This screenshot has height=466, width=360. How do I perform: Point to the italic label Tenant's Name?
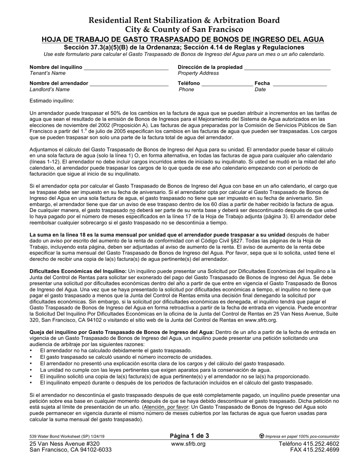(x=47, y=73)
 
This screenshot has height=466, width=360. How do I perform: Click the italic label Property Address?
(x=198, y=73)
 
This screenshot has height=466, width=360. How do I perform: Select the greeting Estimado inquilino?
(x=52, y=101)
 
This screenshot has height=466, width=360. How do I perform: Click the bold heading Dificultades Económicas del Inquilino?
(x=78, y=271)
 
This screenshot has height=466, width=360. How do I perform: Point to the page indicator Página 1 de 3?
(x=189, y=436)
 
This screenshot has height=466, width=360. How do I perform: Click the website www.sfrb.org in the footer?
(x=188, y=444)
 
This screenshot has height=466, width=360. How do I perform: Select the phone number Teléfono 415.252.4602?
(x=309, y=444)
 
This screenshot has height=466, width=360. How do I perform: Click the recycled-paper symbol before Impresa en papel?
(x=261, y=436)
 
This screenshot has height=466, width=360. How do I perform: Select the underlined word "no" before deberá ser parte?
(x=132, y=210)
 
